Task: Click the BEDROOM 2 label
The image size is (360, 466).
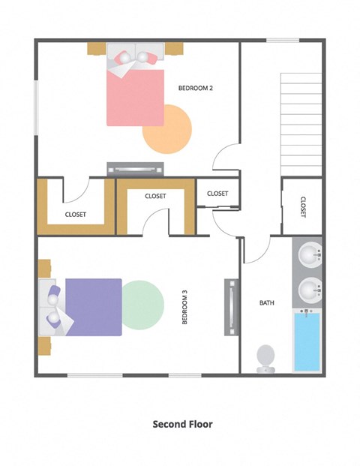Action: coord(196,88)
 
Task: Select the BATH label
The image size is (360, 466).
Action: coord(267,303)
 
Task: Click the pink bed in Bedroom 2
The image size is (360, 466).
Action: coord(135,94)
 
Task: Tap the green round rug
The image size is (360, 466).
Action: coord(142,304)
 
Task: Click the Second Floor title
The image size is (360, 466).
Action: coord(182,424)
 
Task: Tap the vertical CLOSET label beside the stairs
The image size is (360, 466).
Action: coord(302,207)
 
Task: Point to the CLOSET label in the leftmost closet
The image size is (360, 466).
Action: coord(75,214)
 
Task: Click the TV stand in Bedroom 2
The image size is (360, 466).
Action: coord(135,169)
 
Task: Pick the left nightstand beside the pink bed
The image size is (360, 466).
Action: coord(96,48)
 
